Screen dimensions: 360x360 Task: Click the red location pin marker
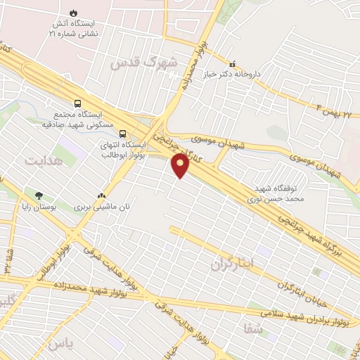[x=181, y=165]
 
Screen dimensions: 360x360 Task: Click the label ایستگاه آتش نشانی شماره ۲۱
[x=74, y=28]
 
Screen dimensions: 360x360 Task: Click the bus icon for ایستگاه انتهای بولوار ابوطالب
[x=123, y=133]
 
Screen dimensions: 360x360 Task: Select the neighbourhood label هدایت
[x=43, y=161]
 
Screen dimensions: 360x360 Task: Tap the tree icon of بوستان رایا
[x=39, y=196]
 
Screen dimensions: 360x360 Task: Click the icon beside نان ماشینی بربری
[x=102, y=196]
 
